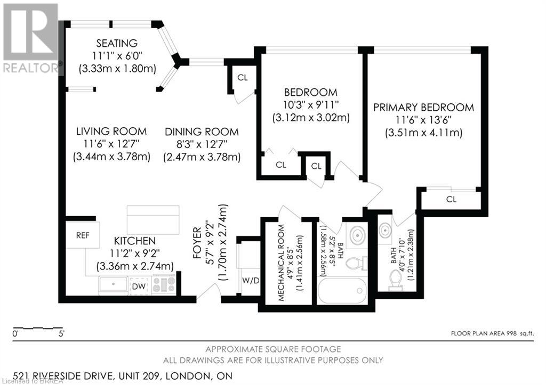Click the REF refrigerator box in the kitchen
[83, 234]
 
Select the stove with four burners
[164, 284]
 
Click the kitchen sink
[113, 284]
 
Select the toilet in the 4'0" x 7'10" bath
[396, 280]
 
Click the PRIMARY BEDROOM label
[423, 108]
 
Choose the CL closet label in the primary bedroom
[451, 200]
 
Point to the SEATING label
[117, 43]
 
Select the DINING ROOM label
[202, 132]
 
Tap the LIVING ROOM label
[111, 131]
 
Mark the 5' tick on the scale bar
[62, 334]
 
